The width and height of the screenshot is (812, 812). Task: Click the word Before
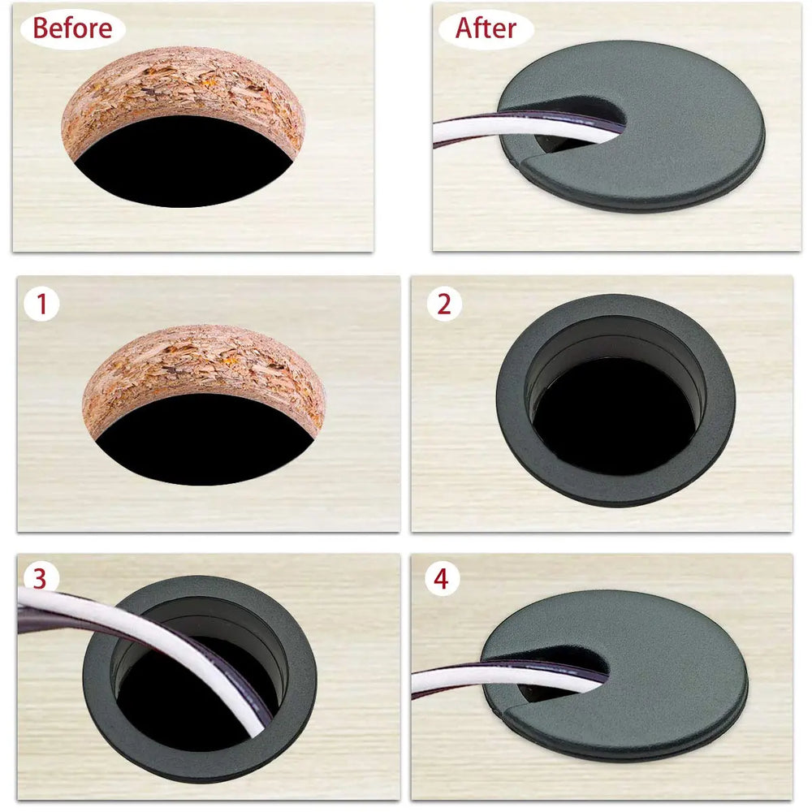(x=72, y=29)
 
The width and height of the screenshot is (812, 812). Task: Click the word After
(x=486, y=28)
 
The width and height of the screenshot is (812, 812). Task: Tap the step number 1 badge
(x=41, y=304)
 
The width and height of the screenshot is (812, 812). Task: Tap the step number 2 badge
(x=443, y=304)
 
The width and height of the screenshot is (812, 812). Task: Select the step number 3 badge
(x=41, y=578)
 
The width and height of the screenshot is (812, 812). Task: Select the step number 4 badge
(x=441, y=579)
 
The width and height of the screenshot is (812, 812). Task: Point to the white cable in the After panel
(x=503, y=127)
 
